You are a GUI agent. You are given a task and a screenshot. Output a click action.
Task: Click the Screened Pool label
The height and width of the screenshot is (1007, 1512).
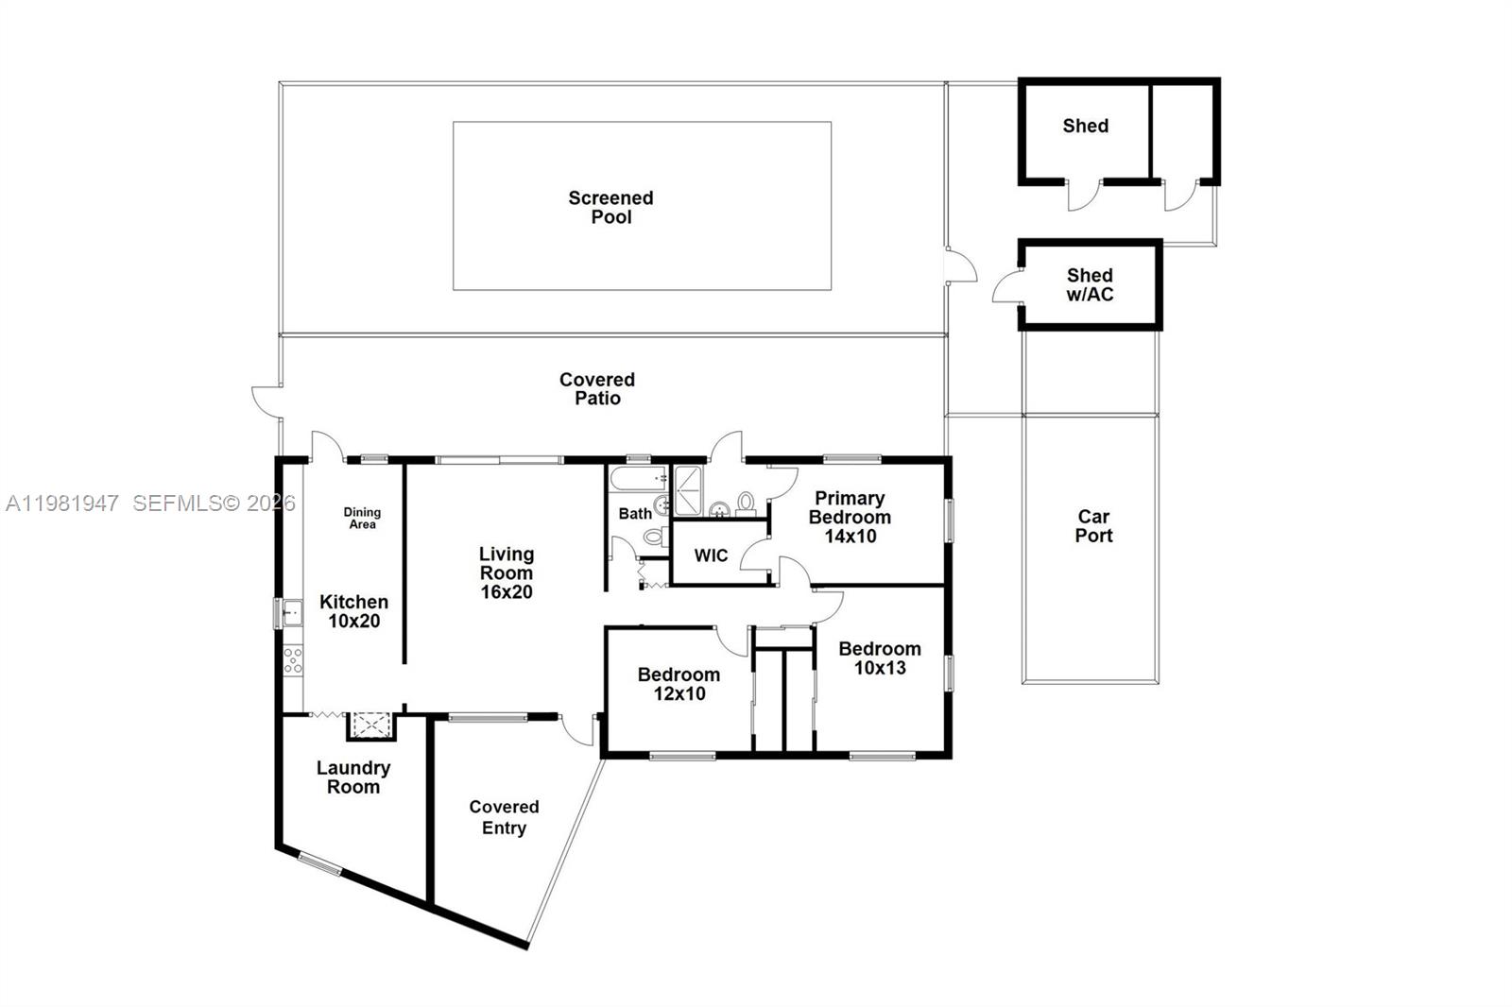tap(610, 207)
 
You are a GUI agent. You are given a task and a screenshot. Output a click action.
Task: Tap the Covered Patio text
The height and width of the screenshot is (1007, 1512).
tap(597, 388)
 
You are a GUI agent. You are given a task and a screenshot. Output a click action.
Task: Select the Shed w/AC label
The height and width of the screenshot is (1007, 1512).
tap(1090, 284)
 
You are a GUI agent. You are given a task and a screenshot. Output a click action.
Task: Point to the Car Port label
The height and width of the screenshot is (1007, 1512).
tap(1093, 525)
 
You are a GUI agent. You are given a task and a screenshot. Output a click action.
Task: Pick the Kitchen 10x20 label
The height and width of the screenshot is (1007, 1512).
tap(353, 611)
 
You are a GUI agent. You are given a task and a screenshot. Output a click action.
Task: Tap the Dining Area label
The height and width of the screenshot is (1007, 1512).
tap(362, 518)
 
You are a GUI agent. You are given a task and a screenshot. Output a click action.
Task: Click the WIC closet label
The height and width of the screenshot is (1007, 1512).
tap(711, 555)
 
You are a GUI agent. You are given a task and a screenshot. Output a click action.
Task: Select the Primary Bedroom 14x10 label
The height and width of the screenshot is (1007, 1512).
tap(850, 517)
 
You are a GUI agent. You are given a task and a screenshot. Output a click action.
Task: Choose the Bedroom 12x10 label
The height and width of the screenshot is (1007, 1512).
tap(679, 684)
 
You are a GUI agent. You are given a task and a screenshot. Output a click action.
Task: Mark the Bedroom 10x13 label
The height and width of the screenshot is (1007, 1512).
tap(879, 657)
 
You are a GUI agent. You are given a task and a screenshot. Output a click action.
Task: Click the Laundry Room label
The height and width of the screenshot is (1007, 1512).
tap(353, 777)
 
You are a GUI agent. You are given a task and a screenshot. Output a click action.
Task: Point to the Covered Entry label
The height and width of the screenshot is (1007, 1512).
tap(504, 817)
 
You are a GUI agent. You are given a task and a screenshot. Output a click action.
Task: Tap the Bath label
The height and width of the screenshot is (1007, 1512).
tap(635, 513)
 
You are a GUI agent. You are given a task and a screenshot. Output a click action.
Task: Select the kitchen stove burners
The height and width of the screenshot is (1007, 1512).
tap(293, 659)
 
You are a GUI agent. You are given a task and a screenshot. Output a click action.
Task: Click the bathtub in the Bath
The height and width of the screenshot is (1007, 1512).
tap(639, 479)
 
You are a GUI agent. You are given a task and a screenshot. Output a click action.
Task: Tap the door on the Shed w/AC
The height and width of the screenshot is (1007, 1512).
tap(1007, 287)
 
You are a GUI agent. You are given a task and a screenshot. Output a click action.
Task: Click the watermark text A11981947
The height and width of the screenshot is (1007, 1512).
tap(62, 503)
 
